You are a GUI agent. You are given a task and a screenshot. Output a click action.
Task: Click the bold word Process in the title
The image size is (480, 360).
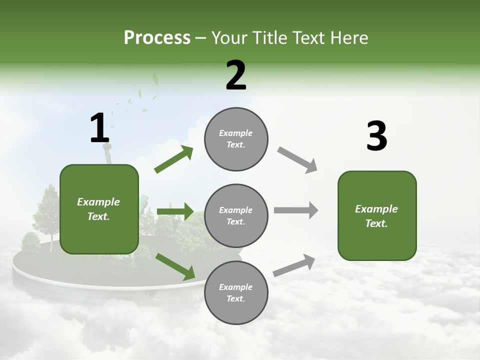(157, 38)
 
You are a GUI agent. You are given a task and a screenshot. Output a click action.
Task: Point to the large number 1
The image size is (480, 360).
(99, 128)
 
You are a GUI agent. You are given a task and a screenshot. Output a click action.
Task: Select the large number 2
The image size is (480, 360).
(236, 75)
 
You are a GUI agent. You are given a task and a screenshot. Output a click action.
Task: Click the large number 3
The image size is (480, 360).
(376, 136)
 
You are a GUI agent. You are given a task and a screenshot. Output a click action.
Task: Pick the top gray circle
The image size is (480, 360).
(236, 139)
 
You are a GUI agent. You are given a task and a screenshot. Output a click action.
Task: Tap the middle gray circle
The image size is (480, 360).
(236, 216)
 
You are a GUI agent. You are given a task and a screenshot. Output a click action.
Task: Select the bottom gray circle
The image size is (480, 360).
(236, 293)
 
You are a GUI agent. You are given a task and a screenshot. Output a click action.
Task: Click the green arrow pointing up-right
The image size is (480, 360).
(174, 159)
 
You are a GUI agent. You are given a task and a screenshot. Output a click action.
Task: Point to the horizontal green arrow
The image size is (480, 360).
(175, 211)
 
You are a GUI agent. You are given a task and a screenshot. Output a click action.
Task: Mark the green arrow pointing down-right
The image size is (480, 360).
(175, 266)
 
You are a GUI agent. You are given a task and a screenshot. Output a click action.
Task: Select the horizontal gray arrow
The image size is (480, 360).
(296, 210)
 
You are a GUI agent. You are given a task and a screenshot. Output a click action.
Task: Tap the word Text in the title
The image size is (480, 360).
(311, 38)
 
